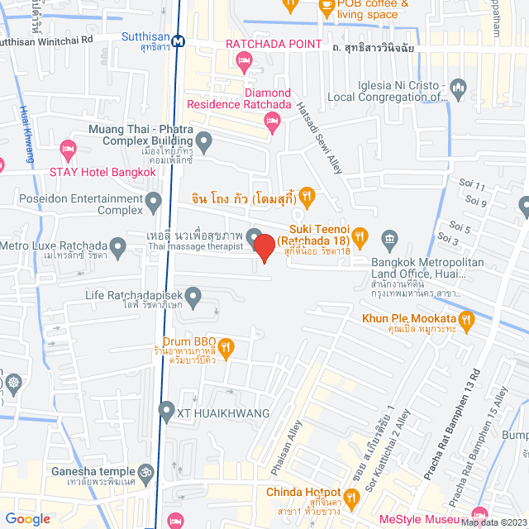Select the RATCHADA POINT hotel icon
click(x=243, y=60)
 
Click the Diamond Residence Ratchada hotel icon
click(x=272, y=122)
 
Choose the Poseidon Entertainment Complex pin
click(x=153, y=202)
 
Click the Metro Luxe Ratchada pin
click(x=118, y=245)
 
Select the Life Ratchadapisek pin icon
click(x=193, y=294)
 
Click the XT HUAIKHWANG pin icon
click(x=165, y=410)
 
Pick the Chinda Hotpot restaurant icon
click(x=351, y=497)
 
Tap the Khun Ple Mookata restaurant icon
click(x=467, y=318)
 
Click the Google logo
click(x=26, y=519)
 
